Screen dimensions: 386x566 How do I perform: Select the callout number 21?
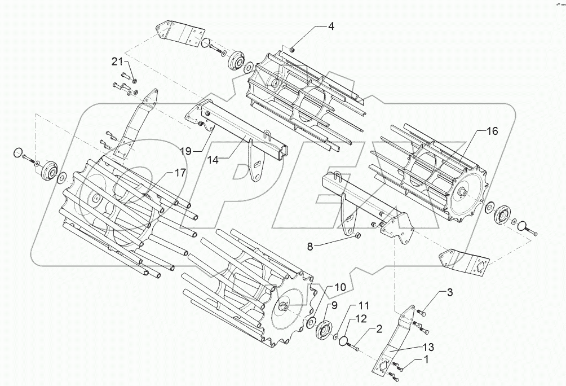pos(116,61)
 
